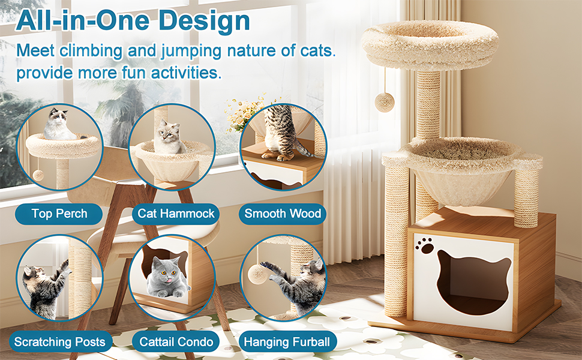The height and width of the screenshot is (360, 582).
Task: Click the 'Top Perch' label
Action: click(x=59, y=214)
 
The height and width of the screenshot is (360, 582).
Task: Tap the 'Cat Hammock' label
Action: click(x=176, y=214)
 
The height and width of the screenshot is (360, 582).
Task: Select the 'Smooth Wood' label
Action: click(x=283, y=214)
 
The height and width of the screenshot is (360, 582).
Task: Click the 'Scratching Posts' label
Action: click(x=60, y=341)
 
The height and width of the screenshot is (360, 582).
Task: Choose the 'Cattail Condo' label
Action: click(x=176, y=341)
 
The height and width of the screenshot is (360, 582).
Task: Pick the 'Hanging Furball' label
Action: click(x=287, y=341)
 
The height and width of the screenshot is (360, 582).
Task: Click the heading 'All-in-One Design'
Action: click(x=133, y=20)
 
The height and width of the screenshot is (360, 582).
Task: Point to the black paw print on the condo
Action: click(x=425, y=245)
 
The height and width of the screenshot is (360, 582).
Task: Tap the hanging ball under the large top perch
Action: click(x=384, y=101)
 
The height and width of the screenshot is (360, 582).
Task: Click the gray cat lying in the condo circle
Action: click(x=167, y=277)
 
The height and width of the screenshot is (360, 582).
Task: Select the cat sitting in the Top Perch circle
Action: click(x=59, y=124)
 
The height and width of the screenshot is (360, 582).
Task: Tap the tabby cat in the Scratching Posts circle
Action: click(x=44, y=289)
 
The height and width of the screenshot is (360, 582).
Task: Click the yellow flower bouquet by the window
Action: click(x=245, y=113)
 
